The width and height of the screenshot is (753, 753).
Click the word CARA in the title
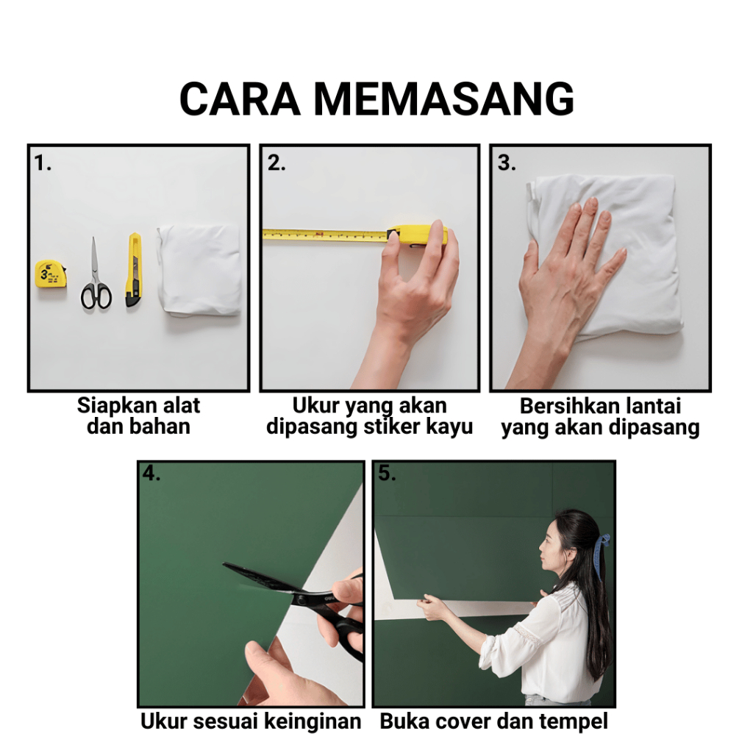click(240, 99)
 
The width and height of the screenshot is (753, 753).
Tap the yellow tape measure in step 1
click(51, 274)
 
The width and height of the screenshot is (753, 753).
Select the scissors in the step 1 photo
click(96, 274)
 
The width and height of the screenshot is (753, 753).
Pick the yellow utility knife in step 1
click(134, 270)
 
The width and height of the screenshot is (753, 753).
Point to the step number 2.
click(276, 164)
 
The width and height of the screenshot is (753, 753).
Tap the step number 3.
click(507, 163)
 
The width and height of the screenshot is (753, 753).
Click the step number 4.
click(151, 474)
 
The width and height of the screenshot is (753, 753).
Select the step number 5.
click(387, 474)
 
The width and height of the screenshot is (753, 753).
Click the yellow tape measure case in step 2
click(417, 236)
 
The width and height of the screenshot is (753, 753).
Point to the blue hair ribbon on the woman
click(600, 557)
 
